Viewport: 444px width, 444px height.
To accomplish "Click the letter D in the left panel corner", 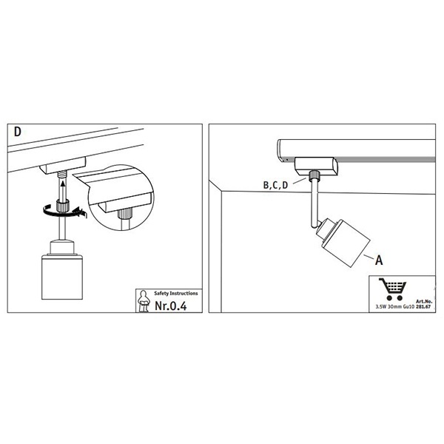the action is [x=18, y=132].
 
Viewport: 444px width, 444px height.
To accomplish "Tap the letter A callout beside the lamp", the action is [x=379, y=260].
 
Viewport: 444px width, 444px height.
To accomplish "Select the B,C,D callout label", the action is [x=275, y=185].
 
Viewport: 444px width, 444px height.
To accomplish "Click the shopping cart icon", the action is [x=392, y=289].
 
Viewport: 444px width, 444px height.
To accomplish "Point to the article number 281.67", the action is [x=423, y=306].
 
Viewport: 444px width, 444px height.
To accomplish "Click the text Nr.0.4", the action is [x=171, y=306].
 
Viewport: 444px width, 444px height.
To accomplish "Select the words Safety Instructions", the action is [x=176, y=293].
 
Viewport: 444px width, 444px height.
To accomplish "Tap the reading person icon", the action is [x=144, y=300].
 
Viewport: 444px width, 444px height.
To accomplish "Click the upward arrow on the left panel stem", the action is [x=63, y=190].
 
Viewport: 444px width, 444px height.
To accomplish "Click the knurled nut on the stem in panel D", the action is [x=63, y=205].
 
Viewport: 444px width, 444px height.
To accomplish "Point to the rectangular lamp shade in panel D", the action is [x=62, y=277].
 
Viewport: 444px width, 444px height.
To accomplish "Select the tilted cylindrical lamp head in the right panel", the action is [x=343, y=243].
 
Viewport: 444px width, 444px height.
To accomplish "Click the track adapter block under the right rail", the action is [x=316, y=166].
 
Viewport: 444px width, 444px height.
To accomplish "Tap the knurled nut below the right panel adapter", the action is [x=314, y=176].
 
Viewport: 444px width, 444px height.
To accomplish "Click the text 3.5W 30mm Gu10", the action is [x=395, y=306].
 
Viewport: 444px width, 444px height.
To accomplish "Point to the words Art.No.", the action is [x=424, y=302].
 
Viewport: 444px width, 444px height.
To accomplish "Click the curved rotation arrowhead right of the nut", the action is [x=80, y=212].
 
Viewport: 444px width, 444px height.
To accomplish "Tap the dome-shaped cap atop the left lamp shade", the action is [x=62, y=247].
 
